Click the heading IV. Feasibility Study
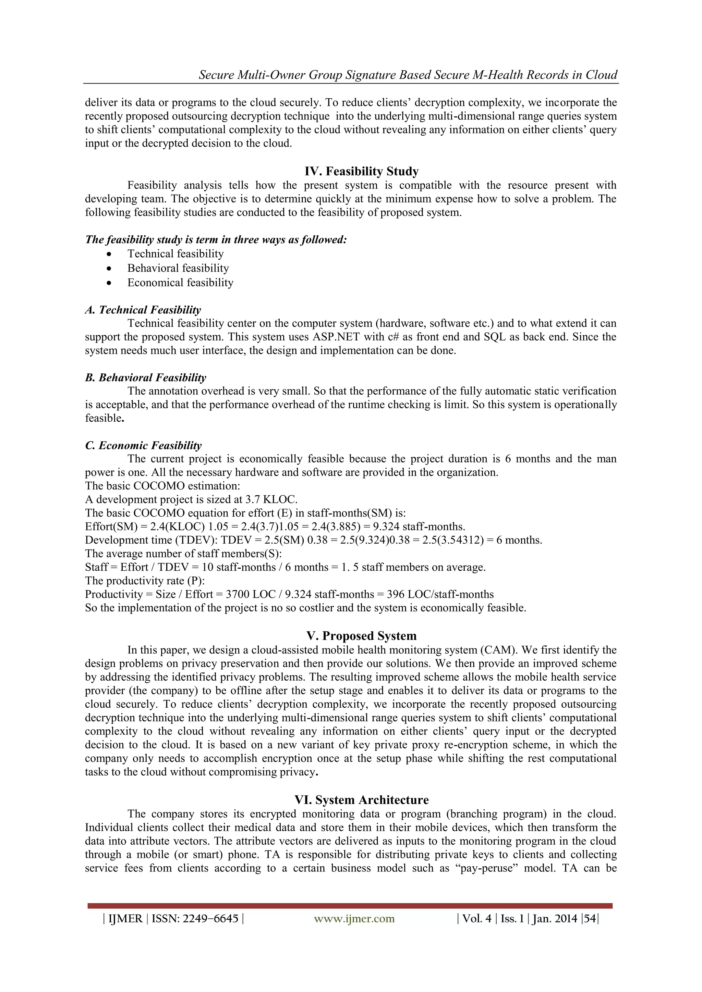point(361,172)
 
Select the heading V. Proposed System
point(361,636)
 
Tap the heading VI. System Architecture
point(361,800)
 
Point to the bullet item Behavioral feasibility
point(178,268)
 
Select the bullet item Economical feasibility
point(180,283)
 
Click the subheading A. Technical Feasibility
point(143,310)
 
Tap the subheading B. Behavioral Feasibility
point(146,377)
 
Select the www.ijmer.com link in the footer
point(354,919)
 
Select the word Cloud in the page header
point(601,75)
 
